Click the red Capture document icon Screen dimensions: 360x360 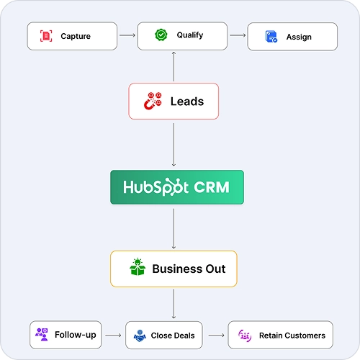[46, 36]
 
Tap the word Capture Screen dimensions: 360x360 [76, 36]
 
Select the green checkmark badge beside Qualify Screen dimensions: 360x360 [161, 35]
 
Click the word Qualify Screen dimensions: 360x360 [190, 35]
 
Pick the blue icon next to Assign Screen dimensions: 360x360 [271, 37]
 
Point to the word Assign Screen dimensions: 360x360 [299, 37]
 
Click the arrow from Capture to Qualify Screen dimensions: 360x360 [127, 35]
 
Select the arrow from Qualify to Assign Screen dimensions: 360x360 [238, 35]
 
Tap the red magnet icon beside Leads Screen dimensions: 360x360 [153, 101]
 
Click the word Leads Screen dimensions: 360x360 [187, 102]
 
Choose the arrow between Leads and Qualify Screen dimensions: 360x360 [174, 66]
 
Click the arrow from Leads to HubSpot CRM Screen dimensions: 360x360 [174, 145]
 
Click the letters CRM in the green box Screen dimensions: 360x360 [212, 187]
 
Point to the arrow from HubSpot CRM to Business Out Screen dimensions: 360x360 [174, 228]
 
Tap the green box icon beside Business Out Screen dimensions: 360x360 [138, 266]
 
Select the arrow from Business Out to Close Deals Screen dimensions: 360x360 [174, 304]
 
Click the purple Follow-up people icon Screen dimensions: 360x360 [42, 334]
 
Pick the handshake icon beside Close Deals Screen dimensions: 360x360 [140, 336]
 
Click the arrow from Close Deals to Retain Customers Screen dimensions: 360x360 [217, 335]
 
